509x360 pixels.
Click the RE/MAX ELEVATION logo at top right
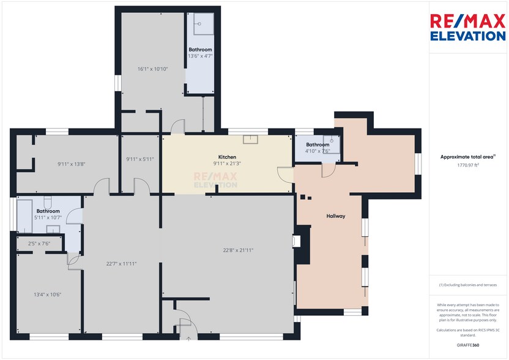(468, 28)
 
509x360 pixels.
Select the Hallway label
(336, 216)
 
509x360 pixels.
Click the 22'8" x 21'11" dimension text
(237, 250)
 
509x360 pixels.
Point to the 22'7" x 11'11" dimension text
(121, 264)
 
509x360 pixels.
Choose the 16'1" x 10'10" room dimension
(152, 69)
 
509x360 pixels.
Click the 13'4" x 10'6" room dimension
(47, 294)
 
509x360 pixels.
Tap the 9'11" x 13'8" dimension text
(72, 163)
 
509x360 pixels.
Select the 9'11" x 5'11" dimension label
(139, 159)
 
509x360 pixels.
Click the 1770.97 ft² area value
(468, 165)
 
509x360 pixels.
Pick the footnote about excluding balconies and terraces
(468, 285)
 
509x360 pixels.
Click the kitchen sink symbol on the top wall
(251, 139)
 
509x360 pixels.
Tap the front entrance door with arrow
(184, 329)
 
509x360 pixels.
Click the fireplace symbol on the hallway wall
(297, 241)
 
